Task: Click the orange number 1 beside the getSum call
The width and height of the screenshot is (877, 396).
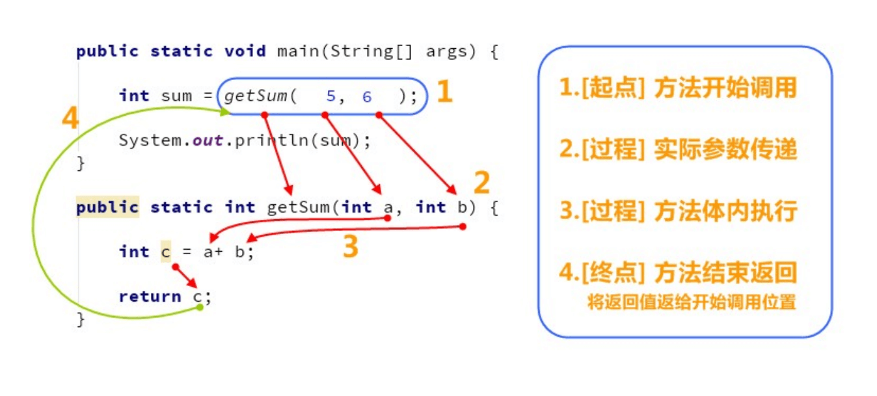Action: point(444,92)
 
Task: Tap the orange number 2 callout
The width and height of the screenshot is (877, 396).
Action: point(481,183)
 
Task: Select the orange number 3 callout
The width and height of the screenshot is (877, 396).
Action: point(350,246)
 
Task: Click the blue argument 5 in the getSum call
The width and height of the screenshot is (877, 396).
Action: point(331,96)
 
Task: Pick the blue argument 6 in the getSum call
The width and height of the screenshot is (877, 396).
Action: point(367,96)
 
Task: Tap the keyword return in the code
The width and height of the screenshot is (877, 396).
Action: point(150,297)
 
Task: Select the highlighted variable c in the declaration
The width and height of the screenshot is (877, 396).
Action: point(165,252)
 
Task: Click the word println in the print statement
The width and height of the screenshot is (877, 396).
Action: point(265,140)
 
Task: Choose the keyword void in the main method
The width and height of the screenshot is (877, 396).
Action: point(245,51)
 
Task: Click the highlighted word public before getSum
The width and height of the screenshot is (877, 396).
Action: point(107,207)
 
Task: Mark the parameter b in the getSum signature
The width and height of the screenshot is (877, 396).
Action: point(461,207)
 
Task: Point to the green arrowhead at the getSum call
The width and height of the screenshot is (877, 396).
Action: point(226,112)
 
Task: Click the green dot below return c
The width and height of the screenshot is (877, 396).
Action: point(200,307)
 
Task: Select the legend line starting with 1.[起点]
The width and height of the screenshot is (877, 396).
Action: point(678,88)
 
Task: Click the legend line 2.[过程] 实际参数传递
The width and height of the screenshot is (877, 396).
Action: point(678,150)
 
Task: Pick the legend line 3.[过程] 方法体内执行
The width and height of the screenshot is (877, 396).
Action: point(678,211)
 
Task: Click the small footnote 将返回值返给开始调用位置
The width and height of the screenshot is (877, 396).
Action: point(692,302)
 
